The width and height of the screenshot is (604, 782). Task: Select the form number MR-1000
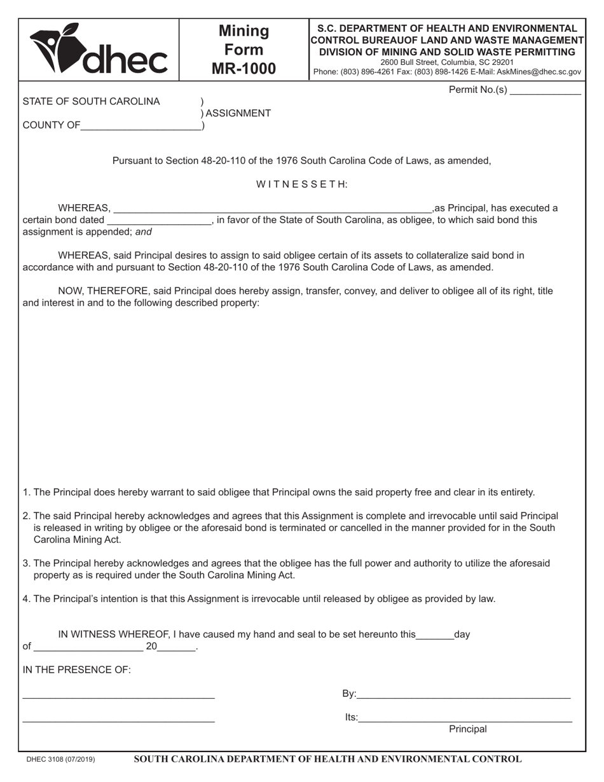[x=244, y=69]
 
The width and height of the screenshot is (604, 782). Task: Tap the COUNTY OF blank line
[x=141, y=126]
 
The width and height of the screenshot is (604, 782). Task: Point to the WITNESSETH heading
[x=302, y=184]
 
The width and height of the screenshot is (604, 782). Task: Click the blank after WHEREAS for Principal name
[x=272, y=209]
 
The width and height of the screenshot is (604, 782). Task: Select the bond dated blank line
[x=159, y=221]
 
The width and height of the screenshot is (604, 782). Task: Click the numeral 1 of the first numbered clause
[x=25, y=493]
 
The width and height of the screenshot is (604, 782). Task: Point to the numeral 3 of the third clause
[x=25, y=563]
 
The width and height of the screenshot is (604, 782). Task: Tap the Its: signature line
[x=465, y=718]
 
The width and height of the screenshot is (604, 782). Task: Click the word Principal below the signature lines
[x=468, y=730]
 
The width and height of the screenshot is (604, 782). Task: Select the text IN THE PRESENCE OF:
[x=77, y=670]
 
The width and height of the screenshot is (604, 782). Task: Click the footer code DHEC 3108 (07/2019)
[x=61, y=760]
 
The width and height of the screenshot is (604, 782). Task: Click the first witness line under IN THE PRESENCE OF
[x=118, y=696]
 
